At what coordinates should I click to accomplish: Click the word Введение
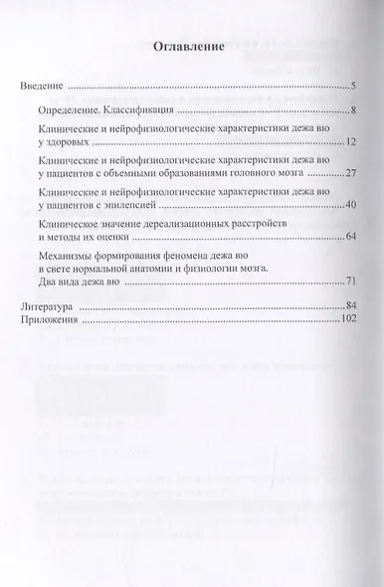tap(43, 88)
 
